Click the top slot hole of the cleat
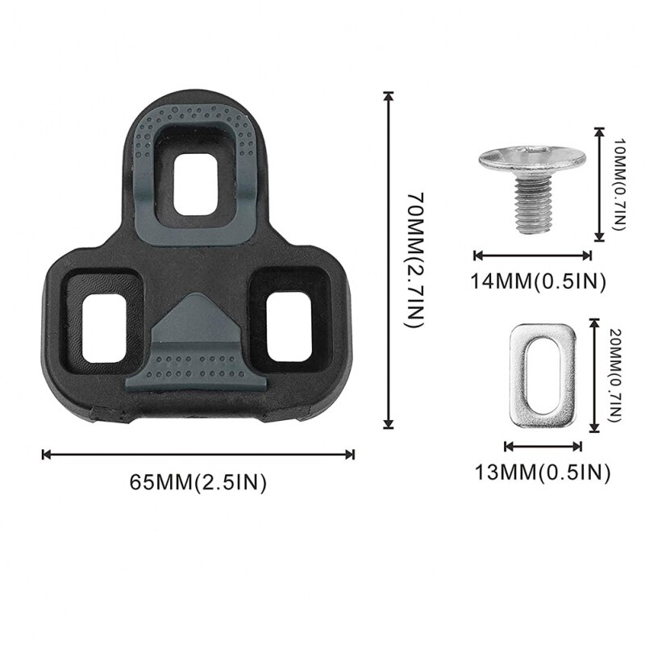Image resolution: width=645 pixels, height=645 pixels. (x=197, y=185)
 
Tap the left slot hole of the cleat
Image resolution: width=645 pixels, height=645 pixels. (x=104, y=320)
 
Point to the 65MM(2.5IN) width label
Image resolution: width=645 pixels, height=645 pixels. (x=198, y=482)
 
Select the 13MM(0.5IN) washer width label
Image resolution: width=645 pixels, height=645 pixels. (x=540, y=472)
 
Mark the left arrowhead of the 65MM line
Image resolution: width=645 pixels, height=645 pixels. (x=45, y=454)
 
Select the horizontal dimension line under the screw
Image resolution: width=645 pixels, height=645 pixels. (x=533, y=255)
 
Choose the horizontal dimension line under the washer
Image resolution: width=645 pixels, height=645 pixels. (x=531, y=446)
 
